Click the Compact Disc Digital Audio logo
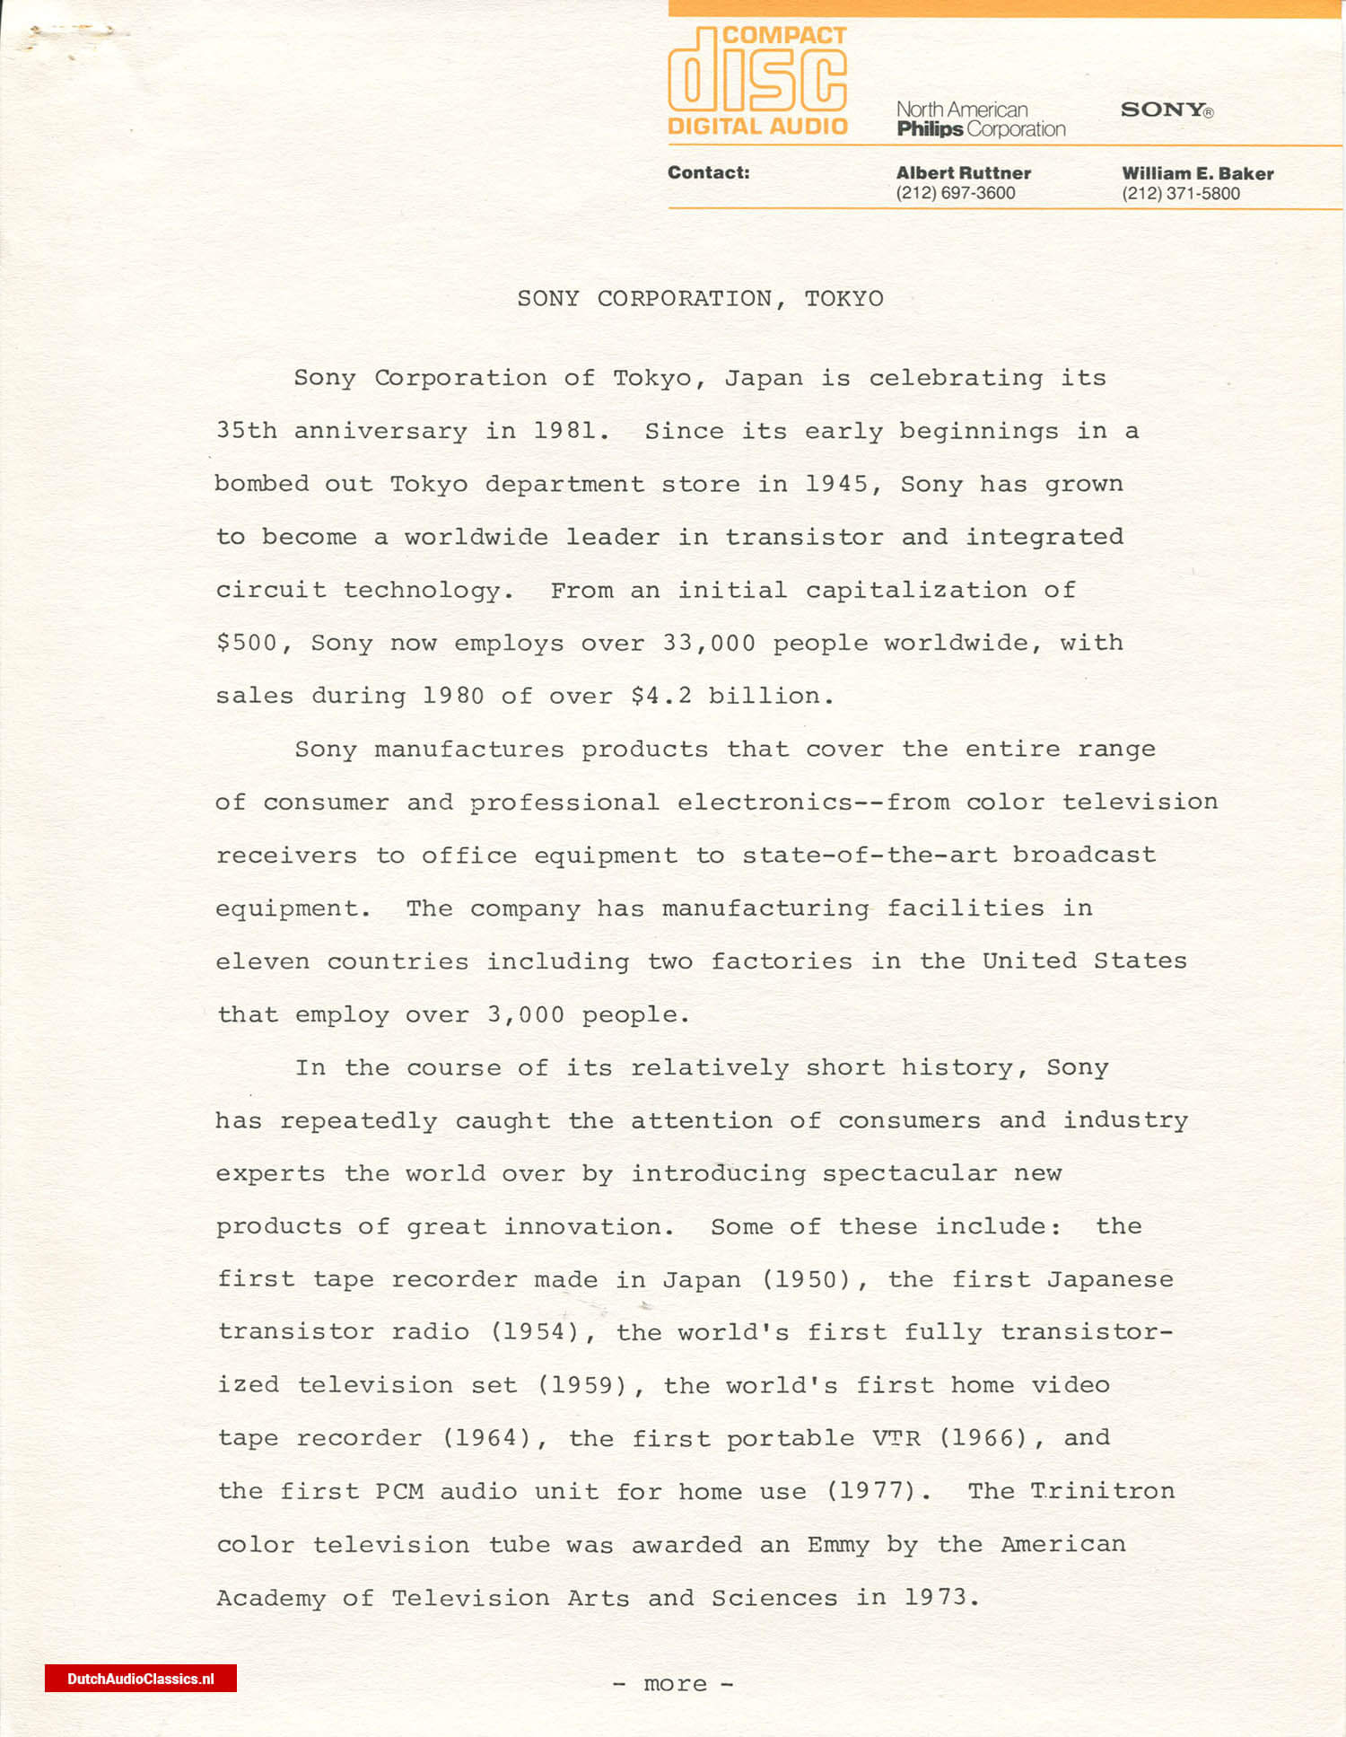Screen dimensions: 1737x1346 pyautogui.click(x=757, y=81)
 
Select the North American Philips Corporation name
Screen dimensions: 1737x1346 pyautogui.click(x=980, y=119)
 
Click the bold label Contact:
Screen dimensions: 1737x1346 pyautogui.click(x=708, y=172)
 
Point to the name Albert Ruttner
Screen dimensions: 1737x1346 pyautogui.click(x=963, y=172)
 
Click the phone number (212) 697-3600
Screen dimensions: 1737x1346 pyautogui.click(x=955, y=193)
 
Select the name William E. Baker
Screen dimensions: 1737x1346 pyautogui.click(x=1197, y=173)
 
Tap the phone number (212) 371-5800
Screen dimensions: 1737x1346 pyautogui.click(x=1180, y=194)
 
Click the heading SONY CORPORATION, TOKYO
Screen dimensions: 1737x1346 pyautogui.click(x=700, y=298)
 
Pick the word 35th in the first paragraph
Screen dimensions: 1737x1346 pyautogui.click(x=247, y=431)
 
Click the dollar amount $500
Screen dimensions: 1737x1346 pyautogui.click(x=248, y=643)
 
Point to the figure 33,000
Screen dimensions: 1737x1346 pyautogui.click(x=709, y=643)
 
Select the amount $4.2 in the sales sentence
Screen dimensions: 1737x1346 pyautogui.click(x=661, y=696)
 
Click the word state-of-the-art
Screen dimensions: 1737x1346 pyautogui.click(x=869, y=855)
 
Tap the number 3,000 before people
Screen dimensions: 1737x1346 pyautogui.click(x=526, y=1014)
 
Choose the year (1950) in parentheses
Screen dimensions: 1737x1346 pyautogui.click(x=805, y=1279)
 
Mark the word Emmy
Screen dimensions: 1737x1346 pyautogui.click(x=838, y=1544)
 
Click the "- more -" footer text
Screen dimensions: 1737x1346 pyautogui.click(x=673, y=1684)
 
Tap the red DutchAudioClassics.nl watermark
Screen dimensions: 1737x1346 pyautogui.click(x=141, y=1679)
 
